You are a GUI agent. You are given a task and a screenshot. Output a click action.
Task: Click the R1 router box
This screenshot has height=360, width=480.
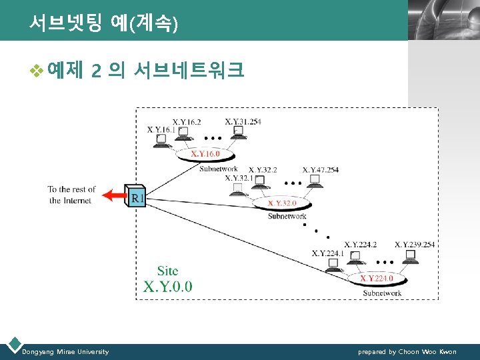[x=136, y=196]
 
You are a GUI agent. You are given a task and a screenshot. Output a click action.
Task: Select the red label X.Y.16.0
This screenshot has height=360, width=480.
[x=205, y=154]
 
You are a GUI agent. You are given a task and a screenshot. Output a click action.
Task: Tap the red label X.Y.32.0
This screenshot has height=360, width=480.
[x=282, y=203]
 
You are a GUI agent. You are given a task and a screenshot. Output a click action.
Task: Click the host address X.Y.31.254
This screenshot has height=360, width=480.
[x=243, y=121]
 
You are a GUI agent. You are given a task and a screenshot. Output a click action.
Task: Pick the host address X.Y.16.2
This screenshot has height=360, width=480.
[x=187, y=122]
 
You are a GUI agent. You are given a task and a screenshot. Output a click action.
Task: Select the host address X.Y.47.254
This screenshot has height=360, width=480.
[x=320, y=170]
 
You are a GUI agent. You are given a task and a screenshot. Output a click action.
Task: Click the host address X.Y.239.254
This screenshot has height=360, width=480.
[x=414, y=245]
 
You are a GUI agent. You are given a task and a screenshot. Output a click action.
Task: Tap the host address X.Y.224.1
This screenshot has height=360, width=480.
[x=327, y=253]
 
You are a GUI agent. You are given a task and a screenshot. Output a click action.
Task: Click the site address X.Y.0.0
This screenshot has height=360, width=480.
[x=168, y=287]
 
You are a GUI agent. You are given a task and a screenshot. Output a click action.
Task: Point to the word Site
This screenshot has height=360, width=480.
[x=167, y=271]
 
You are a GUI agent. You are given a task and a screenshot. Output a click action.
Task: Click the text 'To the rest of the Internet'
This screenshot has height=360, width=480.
[x=71, y=195]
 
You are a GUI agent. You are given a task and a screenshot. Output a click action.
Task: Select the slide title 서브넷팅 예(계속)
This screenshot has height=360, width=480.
[x=103, y=25]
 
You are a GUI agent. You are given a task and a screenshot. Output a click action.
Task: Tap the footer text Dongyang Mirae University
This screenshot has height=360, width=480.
[x=65, y=351]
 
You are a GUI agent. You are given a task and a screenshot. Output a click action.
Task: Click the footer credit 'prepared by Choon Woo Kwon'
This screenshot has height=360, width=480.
[x=407, y=351]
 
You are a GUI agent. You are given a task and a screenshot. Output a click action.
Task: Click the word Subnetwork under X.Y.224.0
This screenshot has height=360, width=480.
[x=382, y=293]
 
